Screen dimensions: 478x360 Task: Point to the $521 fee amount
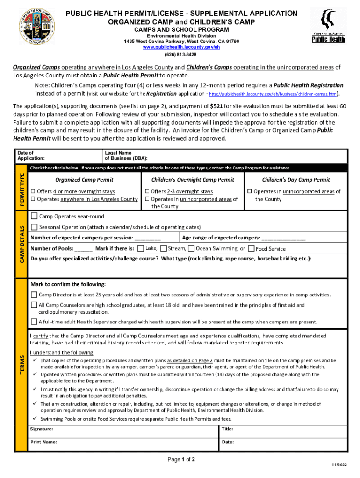tap(216, 106)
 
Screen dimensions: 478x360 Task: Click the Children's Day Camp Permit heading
tap(295, 180)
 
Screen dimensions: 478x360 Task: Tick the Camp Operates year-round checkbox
tap(34, 216)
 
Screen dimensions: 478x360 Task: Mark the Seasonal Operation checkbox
tap(34, 227)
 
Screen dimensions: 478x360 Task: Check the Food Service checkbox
tap(251, 249)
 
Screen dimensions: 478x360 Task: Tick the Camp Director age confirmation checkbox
tap(34, 295)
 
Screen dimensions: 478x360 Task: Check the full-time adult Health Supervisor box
tap(34, 322)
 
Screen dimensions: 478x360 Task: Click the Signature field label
tap(42, 429)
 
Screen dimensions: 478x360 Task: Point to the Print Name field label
tap(43, 442)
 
